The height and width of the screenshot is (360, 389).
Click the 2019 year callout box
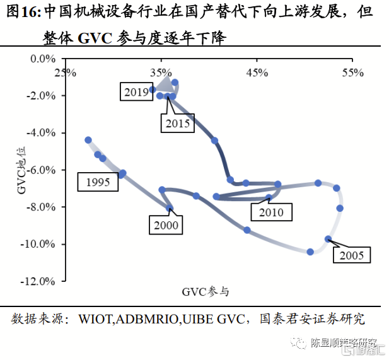136,92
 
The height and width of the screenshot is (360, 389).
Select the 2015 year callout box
177,123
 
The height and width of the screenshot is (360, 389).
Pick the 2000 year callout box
165,225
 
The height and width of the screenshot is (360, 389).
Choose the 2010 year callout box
270,212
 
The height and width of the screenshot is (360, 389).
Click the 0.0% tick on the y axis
44,59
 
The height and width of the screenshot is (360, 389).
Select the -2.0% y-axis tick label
41,96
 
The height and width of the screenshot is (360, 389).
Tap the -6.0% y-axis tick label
41,170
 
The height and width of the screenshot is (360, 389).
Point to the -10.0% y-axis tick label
39,245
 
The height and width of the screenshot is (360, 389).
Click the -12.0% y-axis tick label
39,281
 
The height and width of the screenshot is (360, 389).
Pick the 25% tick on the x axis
66,73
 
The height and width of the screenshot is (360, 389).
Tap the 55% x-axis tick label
353,73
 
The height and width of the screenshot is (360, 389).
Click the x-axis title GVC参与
206,292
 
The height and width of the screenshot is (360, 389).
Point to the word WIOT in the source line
95,319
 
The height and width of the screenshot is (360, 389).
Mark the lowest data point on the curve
310,252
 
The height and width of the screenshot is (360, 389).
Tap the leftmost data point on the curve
88,140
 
